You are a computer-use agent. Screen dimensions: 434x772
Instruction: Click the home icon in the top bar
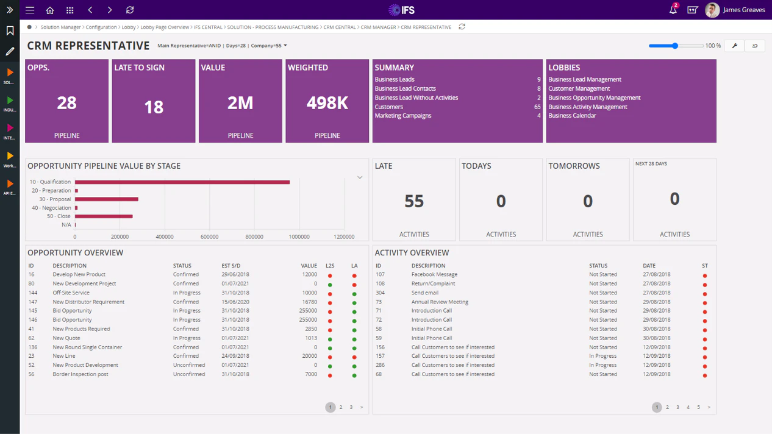click(x=50, y=10)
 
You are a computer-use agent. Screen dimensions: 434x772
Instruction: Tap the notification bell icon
click(x=673, y=10)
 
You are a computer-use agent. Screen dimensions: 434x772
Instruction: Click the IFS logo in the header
click(x=401, y=10)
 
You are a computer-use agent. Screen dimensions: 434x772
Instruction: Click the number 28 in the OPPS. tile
click(x=66, y=103)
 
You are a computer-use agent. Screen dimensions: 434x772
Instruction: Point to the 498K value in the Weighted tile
click(x=327, y=103)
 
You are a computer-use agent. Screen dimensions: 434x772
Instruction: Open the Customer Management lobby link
click(x=579, y=88)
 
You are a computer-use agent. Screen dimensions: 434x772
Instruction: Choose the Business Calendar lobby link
click(x=572, y=115)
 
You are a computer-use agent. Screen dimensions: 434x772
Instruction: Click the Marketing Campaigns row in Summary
click(x=403, y=115)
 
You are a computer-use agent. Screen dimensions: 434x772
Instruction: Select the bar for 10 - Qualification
click(x=182, y=182)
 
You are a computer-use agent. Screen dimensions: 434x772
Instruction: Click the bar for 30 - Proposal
click(x=107, y=199)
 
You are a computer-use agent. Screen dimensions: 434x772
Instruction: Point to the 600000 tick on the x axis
click(x=209, y=237)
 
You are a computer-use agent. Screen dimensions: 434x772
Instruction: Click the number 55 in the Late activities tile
click(x=414, y=201)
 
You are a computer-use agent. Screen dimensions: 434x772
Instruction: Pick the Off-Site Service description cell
click(x=71, y=293)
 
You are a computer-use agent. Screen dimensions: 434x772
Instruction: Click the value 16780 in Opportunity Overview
click(x=309, y=302)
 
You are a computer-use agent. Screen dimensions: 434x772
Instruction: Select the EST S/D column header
click(x=231, y=266)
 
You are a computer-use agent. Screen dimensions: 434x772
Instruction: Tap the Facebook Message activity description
click(x=434, y=274)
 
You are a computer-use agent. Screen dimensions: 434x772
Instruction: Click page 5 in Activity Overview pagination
click(x=698, y=407)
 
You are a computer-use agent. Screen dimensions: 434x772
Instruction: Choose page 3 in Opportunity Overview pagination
click(x=351, y=407)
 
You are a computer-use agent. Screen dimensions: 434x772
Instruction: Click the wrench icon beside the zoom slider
click(x=734, y=46)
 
